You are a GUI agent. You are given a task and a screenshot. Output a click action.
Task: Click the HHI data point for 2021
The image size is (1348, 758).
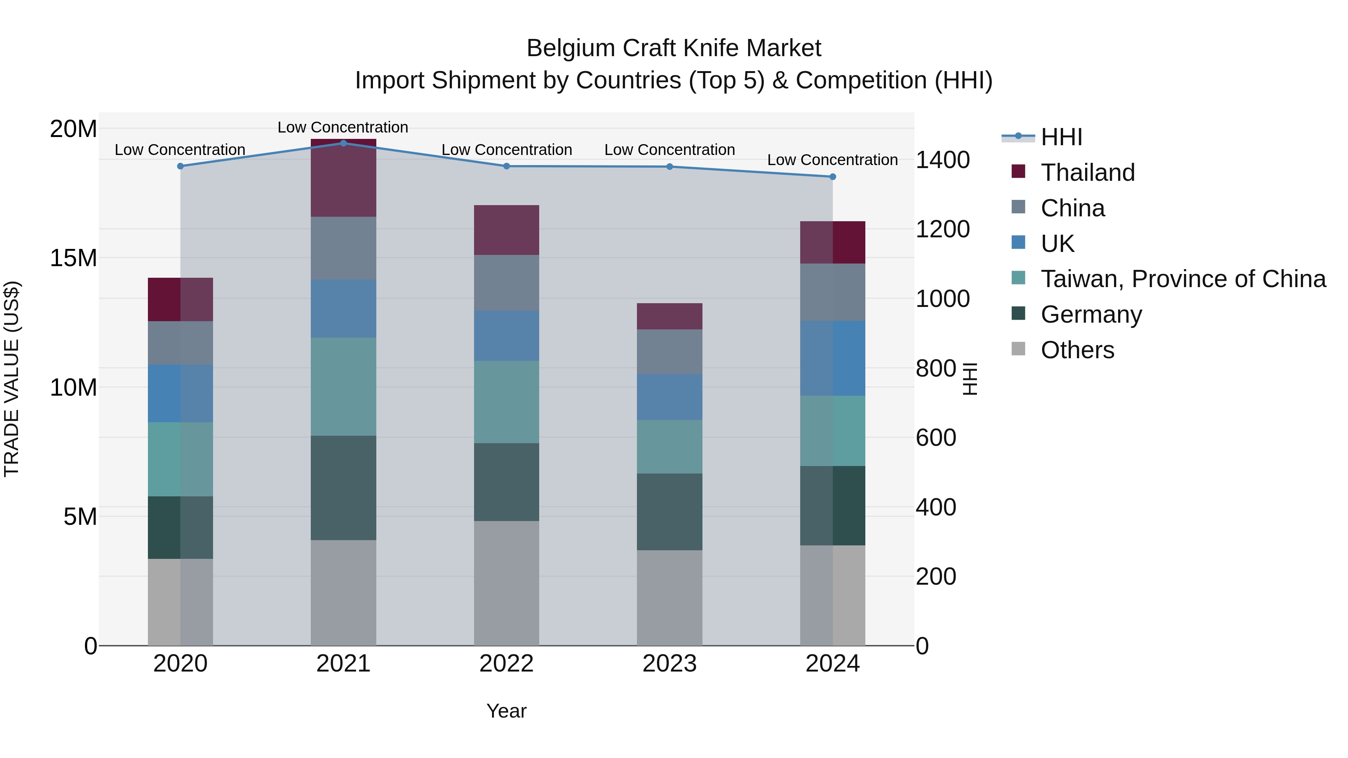[x=343, y=143]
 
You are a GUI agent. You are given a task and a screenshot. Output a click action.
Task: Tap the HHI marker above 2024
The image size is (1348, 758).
[x=832, y=177]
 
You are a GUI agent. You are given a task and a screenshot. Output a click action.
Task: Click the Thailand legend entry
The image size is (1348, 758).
[x=1087, y=173]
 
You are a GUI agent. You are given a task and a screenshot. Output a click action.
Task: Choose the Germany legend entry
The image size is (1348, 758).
[x=1091, y=314]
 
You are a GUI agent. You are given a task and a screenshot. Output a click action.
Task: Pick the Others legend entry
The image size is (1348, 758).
[x=1077, y=350]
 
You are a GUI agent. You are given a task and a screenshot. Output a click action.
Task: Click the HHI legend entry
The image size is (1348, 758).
[x=1061, y=137]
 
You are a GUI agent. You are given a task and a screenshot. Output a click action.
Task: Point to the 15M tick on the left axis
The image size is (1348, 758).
[x=73, y=258]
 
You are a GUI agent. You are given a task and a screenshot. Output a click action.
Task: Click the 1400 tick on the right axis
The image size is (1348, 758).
[x=942, y=160]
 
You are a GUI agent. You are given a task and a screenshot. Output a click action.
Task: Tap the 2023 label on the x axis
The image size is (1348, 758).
[x=669, y=664]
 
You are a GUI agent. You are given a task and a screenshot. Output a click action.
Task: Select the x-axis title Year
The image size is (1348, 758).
[x=506, y=711]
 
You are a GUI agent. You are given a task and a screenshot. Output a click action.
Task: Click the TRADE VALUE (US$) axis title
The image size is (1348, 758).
[x=12, y=379]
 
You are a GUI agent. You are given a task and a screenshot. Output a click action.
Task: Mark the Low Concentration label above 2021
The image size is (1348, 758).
[x=343, y=127]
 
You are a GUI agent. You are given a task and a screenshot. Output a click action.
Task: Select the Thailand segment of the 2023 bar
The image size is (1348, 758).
[x=669, y=316]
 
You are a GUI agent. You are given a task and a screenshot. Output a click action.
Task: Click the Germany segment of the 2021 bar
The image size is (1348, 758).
[x=343, y=487]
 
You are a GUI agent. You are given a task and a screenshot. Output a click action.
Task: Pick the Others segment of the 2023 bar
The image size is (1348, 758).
[x=669, y=597]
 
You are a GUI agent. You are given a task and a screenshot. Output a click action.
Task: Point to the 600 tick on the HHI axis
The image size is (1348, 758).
[x=936, y=438]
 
